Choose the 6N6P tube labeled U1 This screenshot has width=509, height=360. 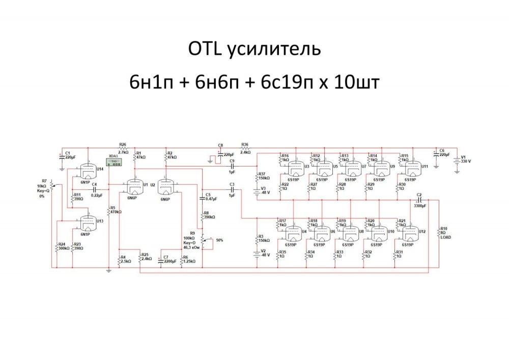coord(135,188)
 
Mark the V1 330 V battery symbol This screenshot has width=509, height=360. coord(457,160)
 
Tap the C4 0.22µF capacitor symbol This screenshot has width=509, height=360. coord(94,189)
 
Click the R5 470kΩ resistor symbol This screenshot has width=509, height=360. coord(109,211)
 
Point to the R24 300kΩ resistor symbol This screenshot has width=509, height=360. coord(57,248)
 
